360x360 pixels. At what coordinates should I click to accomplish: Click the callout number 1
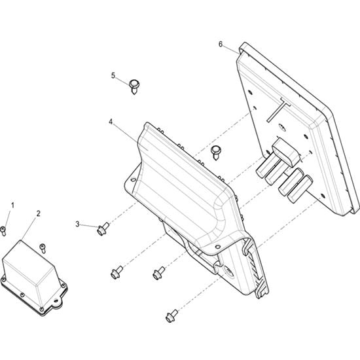(x=12, y=205)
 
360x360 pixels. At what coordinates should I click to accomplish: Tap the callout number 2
(x=38, y=213)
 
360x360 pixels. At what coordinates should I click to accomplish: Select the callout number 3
(x=77, y=224)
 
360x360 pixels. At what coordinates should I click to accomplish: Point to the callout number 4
(x=111, y=122)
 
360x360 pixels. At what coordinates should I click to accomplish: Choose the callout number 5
(x=113, y=75)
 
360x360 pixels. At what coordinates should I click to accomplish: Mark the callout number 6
(x=221, y=44)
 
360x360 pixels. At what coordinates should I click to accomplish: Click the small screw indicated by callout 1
(x=3, y=231)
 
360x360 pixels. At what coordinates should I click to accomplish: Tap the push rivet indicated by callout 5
(x=134, y=86)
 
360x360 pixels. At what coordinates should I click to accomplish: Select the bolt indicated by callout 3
(x=103, y=228)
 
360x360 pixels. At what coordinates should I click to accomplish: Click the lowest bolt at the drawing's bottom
(x=171, y=315)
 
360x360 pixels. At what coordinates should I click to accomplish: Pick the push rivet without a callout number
(x=216, y=153)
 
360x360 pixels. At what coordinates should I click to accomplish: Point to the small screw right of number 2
(x=43, y=249)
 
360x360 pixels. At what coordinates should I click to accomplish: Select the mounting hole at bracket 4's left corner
(x=133, y=179)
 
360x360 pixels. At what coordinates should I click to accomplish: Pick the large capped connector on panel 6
(x=286, y=152)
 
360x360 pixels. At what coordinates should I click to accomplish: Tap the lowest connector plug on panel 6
(x=300, y=189)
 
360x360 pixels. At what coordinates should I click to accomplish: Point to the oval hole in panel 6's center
(x=282, y=128)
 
